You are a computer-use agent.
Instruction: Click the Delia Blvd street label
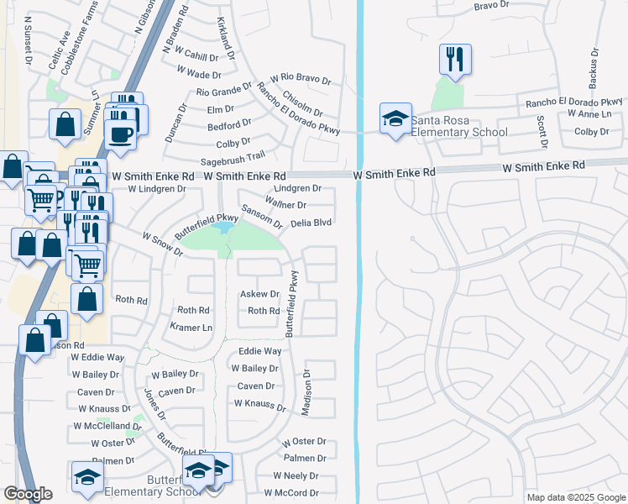click(x=311, y=223)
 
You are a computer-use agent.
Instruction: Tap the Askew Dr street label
click(x=259, y=294)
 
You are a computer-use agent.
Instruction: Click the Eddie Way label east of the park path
click(x=259, y=351)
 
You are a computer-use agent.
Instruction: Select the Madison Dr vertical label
click(x=306, y=393)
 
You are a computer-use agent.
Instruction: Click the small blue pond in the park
click(x=222, y=228)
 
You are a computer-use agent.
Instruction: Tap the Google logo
click(x=28, y=494)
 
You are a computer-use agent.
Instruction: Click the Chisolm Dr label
click(x=303, y=105)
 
